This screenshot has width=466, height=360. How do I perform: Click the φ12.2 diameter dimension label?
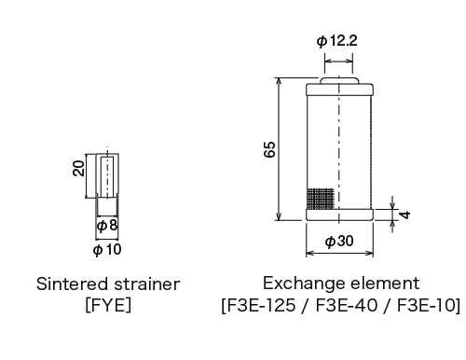point(338,40)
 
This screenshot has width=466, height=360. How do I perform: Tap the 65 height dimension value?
point(269,149)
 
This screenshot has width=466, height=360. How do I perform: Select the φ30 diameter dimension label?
point(338,241)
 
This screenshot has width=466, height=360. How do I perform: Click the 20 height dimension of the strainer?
point(80,167)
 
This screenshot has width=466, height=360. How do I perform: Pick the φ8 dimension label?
point(107,225)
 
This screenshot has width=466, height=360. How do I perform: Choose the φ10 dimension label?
point(107,249)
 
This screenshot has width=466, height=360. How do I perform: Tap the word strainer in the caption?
point(144,283)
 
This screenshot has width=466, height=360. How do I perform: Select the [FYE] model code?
point(107,304)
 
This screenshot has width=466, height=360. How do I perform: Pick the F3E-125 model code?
point(260,304)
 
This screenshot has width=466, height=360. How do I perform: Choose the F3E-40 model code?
point(342,304)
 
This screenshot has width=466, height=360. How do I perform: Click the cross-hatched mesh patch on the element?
point(320,198)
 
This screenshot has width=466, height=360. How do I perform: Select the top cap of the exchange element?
point(339,90)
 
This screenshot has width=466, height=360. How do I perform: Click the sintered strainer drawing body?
point(107,175)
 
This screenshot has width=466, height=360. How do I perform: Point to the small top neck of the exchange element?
point(339,81)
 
